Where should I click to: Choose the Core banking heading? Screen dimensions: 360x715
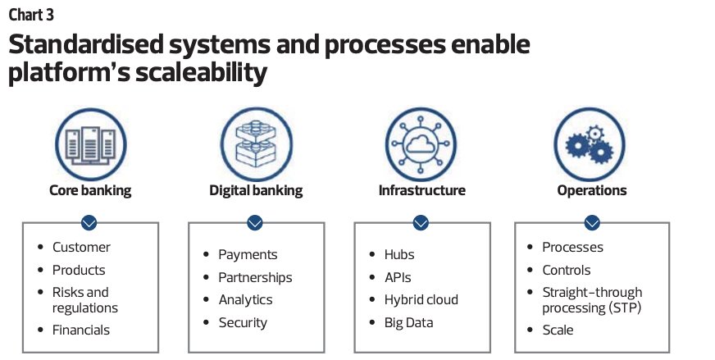(x=90, y=191)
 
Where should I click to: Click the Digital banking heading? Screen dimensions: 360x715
(x=256, y=191)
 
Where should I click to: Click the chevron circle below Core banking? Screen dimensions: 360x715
(x=89, y=222)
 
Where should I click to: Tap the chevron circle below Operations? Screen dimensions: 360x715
(x=591, y=222)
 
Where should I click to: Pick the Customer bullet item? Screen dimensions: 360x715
(x=81, y=247)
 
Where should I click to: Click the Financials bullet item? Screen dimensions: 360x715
(x=81, y=330)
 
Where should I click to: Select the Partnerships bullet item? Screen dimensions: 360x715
(x=255, y=277)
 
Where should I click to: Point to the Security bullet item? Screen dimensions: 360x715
(x=243, y=322)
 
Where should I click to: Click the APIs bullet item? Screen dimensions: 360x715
(x=398, y=277)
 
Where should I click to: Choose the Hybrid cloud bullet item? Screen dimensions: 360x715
(x=421, y=299)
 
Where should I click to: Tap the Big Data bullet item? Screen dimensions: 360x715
(x=408, y=322)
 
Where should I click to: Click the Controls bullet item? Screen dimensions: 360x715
(x=567, y=270)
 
